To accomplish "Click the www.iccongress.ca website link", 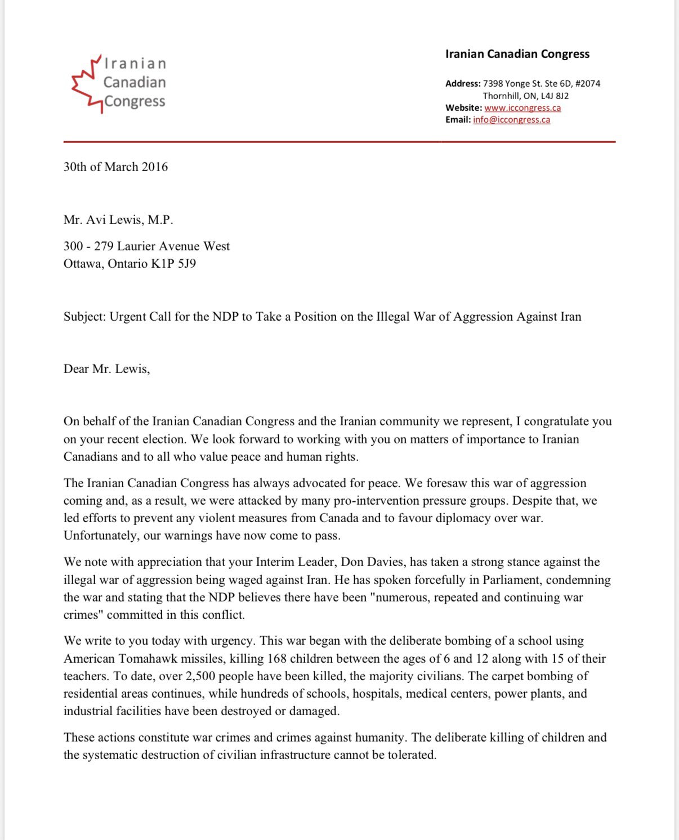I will (x=522, y=107).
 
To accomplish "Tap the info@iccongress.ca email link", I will (x=511, y=119).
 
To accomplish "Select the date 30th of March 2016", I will (x=115, y=167).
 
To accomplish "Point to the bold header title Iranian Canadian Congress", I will (x=517, y=54).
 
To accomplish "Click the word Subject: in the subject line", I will (x=84, y=316).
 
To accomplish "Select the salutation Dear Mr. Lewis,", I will (x=106, y=369).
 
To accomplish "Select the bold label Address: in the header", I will (x=463, y=83).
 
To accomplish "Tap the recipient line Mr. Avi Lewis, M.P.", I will (x=118, y=220).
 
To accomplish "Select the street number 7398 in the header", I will (x=493, y=83).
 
